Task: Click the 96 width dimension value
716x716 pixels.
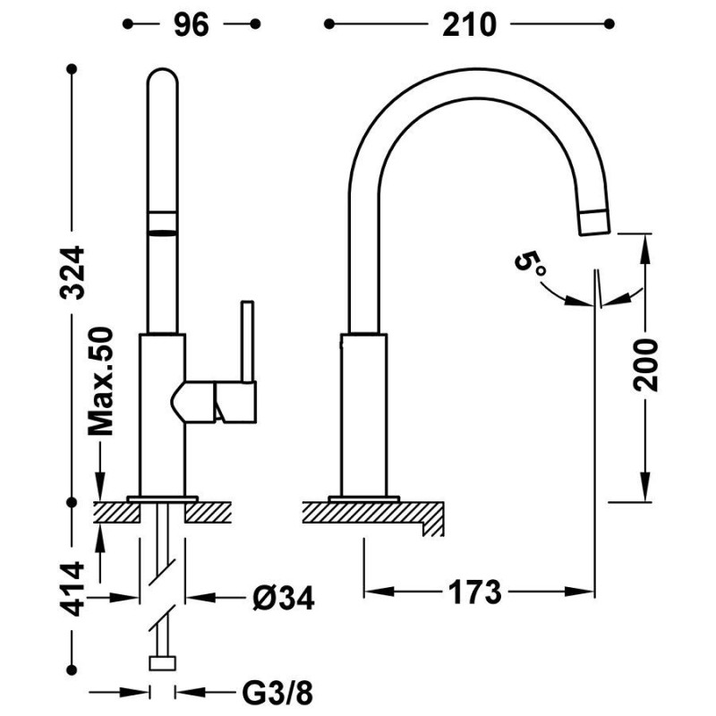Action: [x=191, y=25]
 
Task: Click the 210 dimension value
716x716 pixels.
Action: [x=469, y=25]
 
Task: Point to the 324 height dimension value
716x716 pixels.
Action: [x=72, y=273]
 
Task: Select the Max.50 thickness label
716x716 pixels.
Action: [x=100, y=381]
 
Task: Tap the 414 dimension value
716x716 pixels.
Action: [x=72, y=589]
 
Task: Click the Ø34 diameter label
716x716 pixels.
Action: [x=284, y=598]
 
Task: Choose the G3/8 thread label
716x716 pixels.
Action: [x=277, y=693]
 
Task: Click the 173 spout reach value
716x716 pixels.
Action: [x=475, y=592]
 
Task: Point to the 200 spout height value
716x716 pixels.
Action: [x=645, y=364]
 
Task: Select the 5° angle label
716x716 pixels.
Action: [x=530, y=263]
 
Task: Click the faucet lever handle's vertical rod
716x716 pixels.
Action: [x=247, y=341]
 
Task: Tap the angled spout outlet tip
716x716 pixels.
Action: [x=594, y=223]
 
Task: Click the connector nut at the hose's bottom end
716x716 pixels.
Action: [x=163, y=663]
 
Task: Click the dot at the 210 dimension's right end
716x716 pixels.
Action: [x=609, y=24]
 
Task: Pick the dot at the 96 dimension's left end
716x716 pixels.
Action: [x=128, y=24]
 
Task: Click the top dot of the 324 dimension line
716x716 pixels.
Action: [x=72, y=69]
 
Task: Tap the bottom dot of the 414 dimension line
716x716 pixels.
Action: [x=72, y=669]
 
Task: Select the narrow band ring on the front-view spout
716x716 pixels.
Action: [x=163, y=223]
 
